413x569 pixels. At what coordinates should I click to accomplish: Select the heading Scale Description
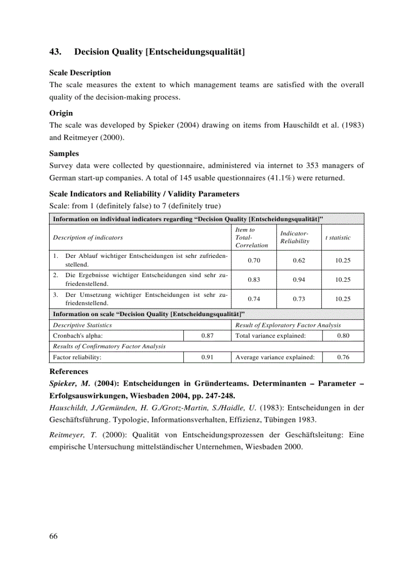tap(79, 73)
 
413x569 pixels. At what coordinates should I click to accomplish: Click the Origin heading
tap(61, 113)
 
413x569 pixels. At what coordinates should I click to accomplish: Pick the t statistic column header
tap(338, 237)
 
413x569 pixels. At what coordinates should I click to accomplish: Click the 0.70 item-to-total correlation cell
tap(254, 260)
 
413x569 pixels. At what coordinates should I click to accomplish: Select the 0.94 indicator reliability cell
tap(299, 280)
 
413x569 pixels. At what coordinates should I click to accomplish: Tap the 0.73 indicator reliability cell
tap(299, 299)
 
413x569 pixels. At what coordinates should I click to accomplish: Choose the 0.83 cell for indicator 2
tap(254, 280)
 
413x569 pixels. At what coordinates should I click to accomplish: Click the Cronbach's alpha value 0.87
tap(206, 335)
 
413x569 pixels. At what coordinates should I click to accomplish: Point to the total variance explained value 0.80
tap(343, 335)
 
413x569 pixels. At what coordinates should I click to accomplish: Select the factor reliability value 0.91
tap(206, 357)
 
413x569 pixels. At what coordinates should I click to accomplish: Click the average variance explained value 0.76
tap(343, 357)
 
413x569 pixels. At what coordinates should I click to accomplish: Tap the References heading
tap(68, 371)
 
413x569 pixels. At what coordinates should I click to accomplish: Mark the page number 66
tap(54, 536)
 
